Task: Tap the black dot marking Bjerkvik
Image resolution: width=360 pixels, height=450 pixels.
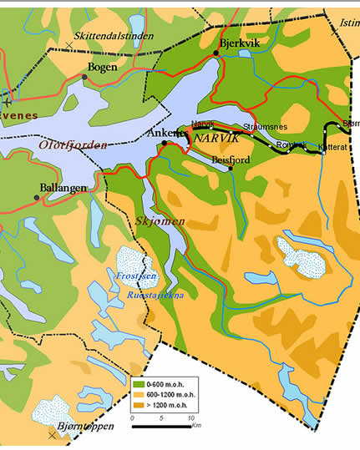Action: pos(215,53)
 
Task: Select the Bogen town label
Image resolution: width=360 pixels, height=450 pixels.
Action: pos(102,67)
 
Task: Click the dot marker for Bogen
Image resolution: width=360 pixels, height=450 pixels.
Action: pos(84,77)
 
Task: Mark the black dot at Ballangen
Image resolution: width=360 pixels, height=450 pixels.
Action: pos(37,198)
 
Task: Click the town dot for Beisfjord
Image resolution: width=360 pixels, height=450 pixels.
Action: pos(230,167)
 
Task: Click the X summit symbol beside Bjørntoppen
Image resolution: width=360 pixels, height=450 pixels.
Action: pos(53,435)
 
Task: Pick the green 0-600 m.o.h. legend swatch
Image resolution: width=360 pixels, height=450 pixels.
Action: pos(140,383)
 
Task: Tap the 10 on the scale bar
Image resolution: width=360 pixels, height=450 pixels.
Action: pos(191,417)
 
